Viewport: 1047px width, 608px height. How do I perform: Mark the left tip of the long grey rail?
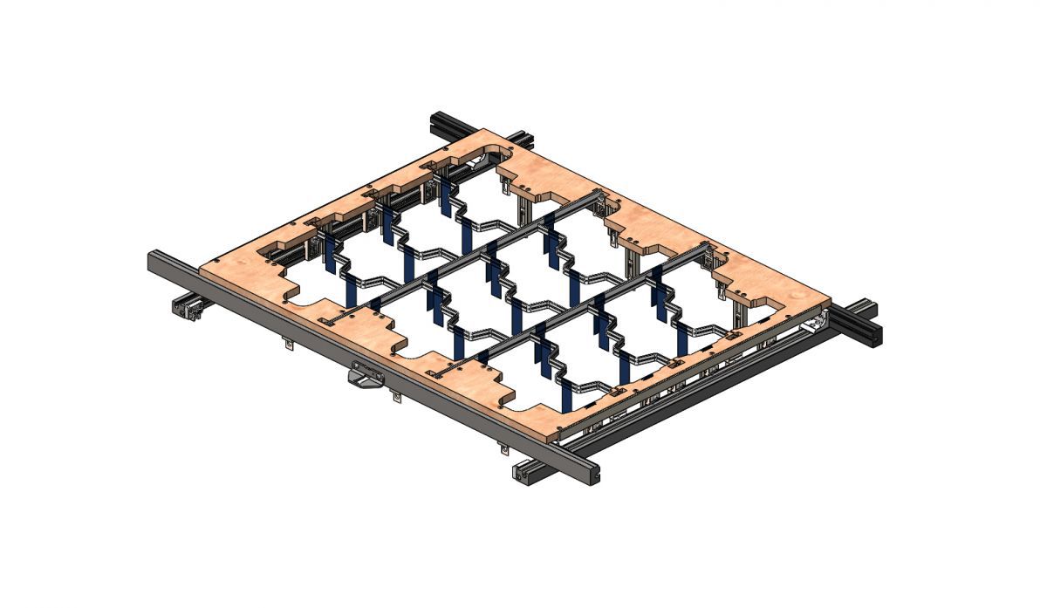(154, 259)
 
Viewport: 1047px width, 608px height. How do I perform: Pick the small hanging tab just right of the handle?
(397, 399)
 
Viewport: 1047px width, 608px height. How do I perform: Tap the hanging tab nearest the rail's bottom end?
(503, 449)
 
